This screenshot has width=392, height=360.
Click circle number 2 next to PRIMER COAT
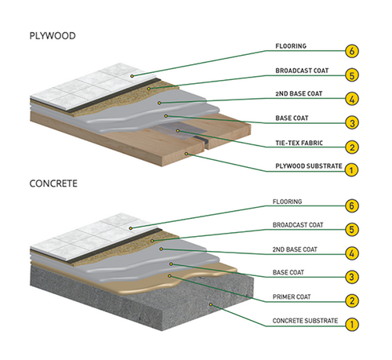pos(353,300)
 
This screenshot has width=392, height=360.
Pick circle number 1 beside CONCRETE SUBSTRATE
pos(353,323)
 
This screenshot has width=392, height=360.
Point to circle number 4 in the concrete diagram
pos(353,253)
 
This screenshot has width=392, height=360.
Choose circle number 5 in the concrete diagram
pos(353,230)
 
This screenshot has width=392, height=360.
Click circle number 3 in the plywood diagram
pos(353,123)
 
